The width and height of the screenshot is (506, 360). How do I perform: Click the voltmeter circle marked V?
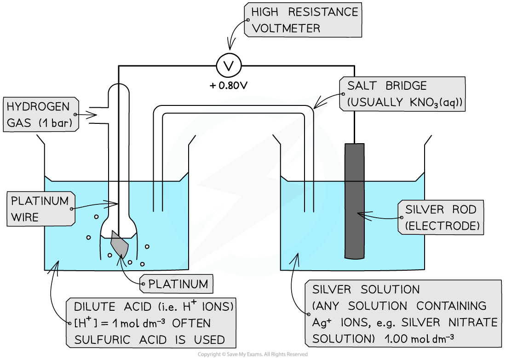click(x=229, y=66)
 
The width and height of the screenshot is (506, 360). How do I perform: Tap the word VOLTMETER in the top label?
click(x=286, y=28)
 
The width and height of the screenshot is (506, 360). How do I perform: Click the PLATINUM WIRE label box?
click(x=40, y=209)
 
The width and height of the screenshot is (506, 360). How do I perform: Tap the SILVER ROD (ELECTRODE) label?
click(x=440, y=218)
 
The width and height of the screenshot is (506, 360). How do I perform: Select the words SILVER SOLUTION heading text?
click(x=366, y=290)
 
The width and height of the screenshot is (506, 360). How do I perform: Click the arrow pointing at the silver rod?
click(x=368, y=214)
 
